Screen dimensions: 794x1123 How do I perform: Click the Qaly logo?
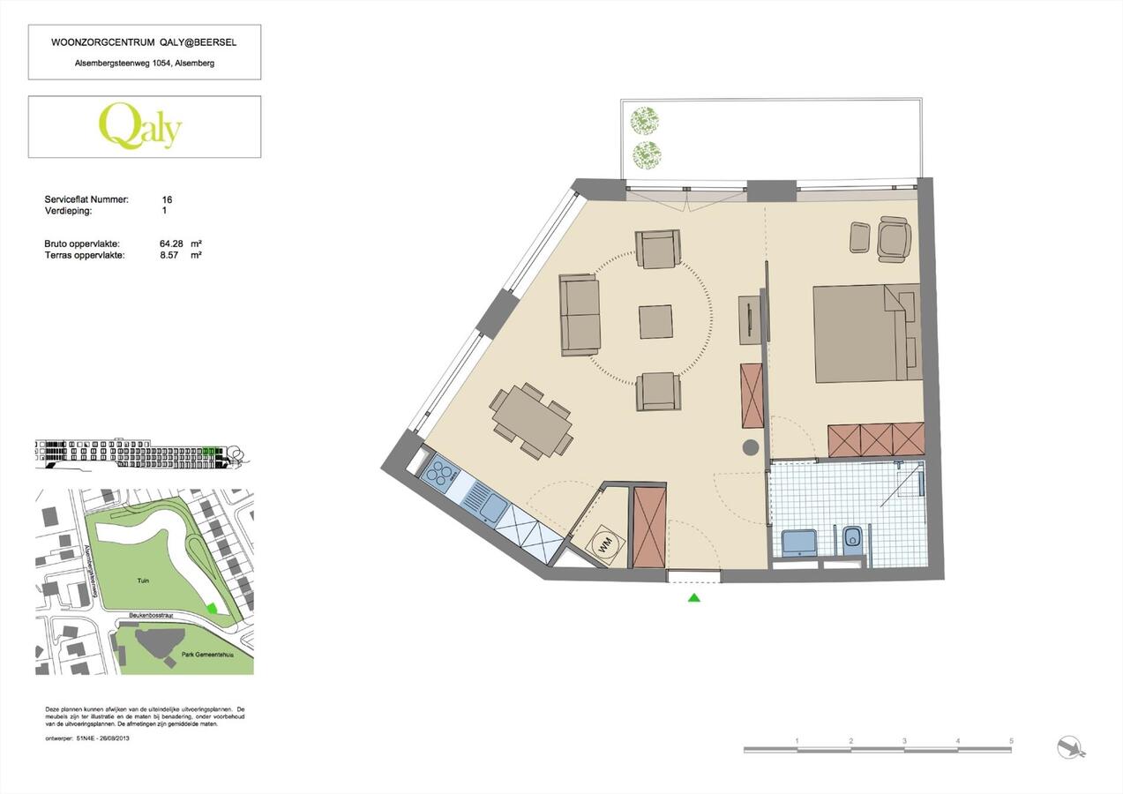point(140,126)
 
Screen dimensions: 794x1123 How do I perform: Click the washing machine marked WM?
point(605,544)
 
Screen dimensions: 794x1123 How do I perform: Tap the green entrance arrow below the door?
point(693,597)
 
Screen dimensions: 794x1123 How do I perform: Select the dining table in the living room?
point(531,421)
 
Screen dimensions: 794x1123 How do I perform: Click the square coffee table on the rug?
point(655,321)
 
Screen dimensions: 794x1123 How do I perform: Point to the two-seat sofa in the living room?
point(580,314)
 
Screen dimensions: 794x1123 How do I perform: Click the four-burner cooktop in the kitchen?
point(438,475)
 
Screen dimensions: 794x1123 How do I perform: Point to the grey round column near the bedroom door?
point(751,447)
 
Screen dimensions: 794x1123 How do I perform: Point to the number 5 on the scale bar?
point(1011,741)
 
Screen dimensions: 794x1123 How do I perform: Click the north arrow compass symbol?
point(1071,747)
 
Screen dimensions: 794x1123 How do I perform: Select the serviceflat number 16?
point(168,200)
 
